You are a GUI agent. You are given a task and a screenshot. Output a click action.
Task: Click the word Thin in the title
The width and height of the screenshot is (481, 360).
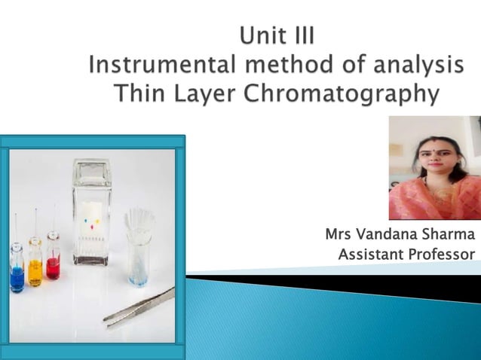(136, 95)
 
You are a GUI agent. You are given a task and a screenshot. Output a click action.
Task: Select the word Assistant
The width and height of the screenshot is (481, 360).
(371, 255)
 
